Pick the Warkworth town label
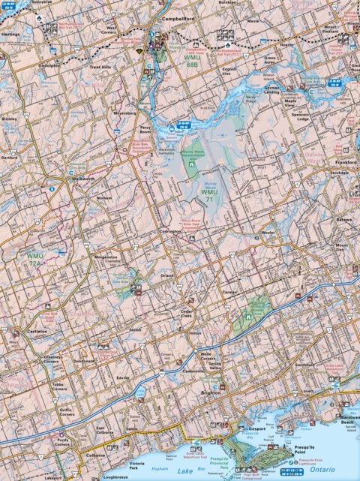(72, 178)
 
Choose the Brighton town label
(212, 392)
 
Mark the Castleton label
(37, 331)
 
